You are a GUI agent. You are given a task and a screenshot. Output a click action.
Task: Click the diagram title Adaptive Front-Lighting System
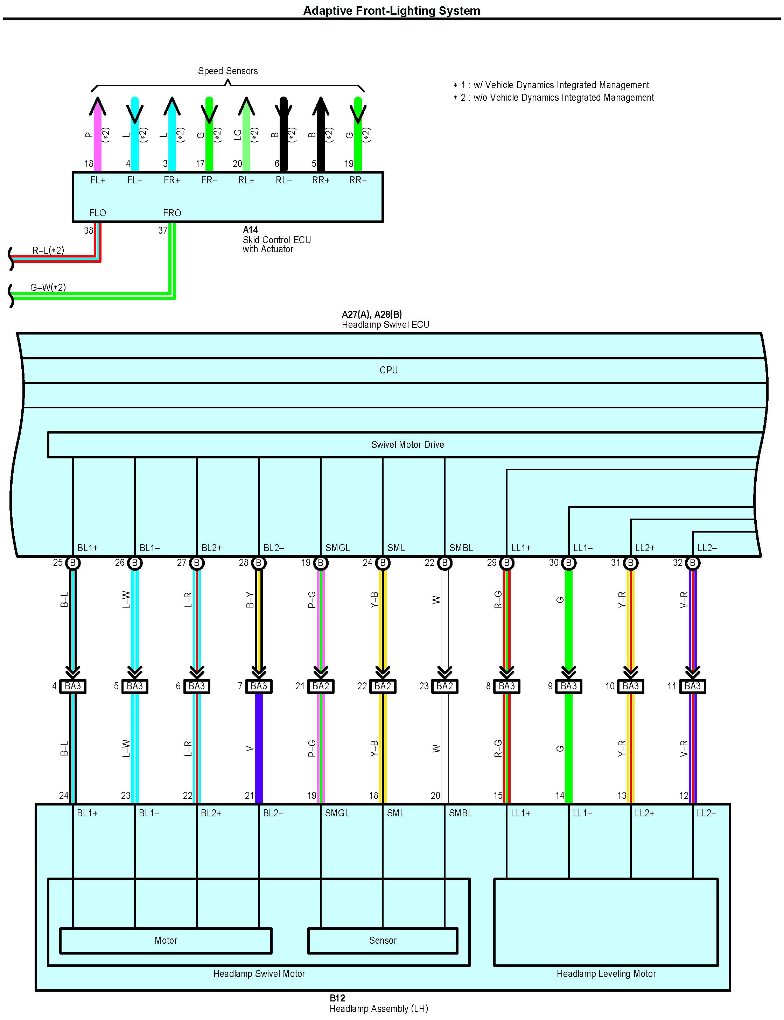point(392,11)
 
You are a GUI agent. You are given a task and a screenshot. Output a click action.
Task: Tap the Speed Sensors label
point(228,71)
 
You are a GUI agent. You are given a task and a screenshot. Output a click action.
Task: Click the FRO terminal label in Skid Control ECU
point(172,213)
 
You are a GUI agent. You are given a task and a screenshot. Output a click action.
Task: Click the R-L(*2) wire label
point(48,251)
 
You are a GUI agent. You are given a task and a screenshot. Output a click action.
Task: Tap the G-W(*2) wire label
point(48,287)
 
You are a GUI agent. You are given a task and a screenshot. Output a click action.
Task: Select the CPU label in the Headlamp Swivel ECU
point(388,370)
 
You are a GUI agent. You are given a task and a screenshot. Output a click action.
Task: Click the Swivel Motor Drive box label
point(407,445)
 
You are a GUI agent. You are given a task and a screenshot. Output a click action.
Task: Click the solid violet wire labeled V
point(259,749)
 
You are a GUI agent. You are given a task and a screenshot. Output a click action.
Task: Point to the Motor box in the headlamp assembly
point(166,941)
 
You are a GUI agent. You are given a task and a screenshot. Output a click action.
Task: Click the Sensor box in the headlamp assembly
point(383,941)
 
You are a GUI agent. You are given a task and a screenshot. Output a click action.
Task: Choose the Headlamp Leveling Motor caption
point(606,974)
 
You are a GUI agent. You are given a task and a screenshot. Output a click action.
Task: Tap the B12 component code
point(337,998)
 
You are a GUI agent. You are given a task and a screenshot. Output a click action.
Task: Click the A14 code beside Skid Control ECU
point(250,230)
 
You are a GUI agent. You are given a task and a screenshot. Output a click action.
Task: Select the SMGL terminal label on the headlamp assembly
point(337,813)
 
